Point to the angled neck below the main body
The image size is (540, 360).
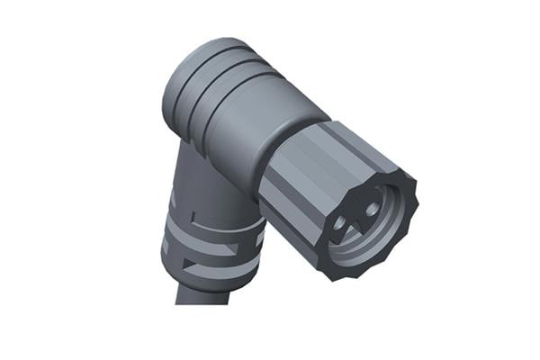point(202,180)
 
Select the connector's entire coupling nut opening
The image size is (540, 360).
point(364,225)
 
